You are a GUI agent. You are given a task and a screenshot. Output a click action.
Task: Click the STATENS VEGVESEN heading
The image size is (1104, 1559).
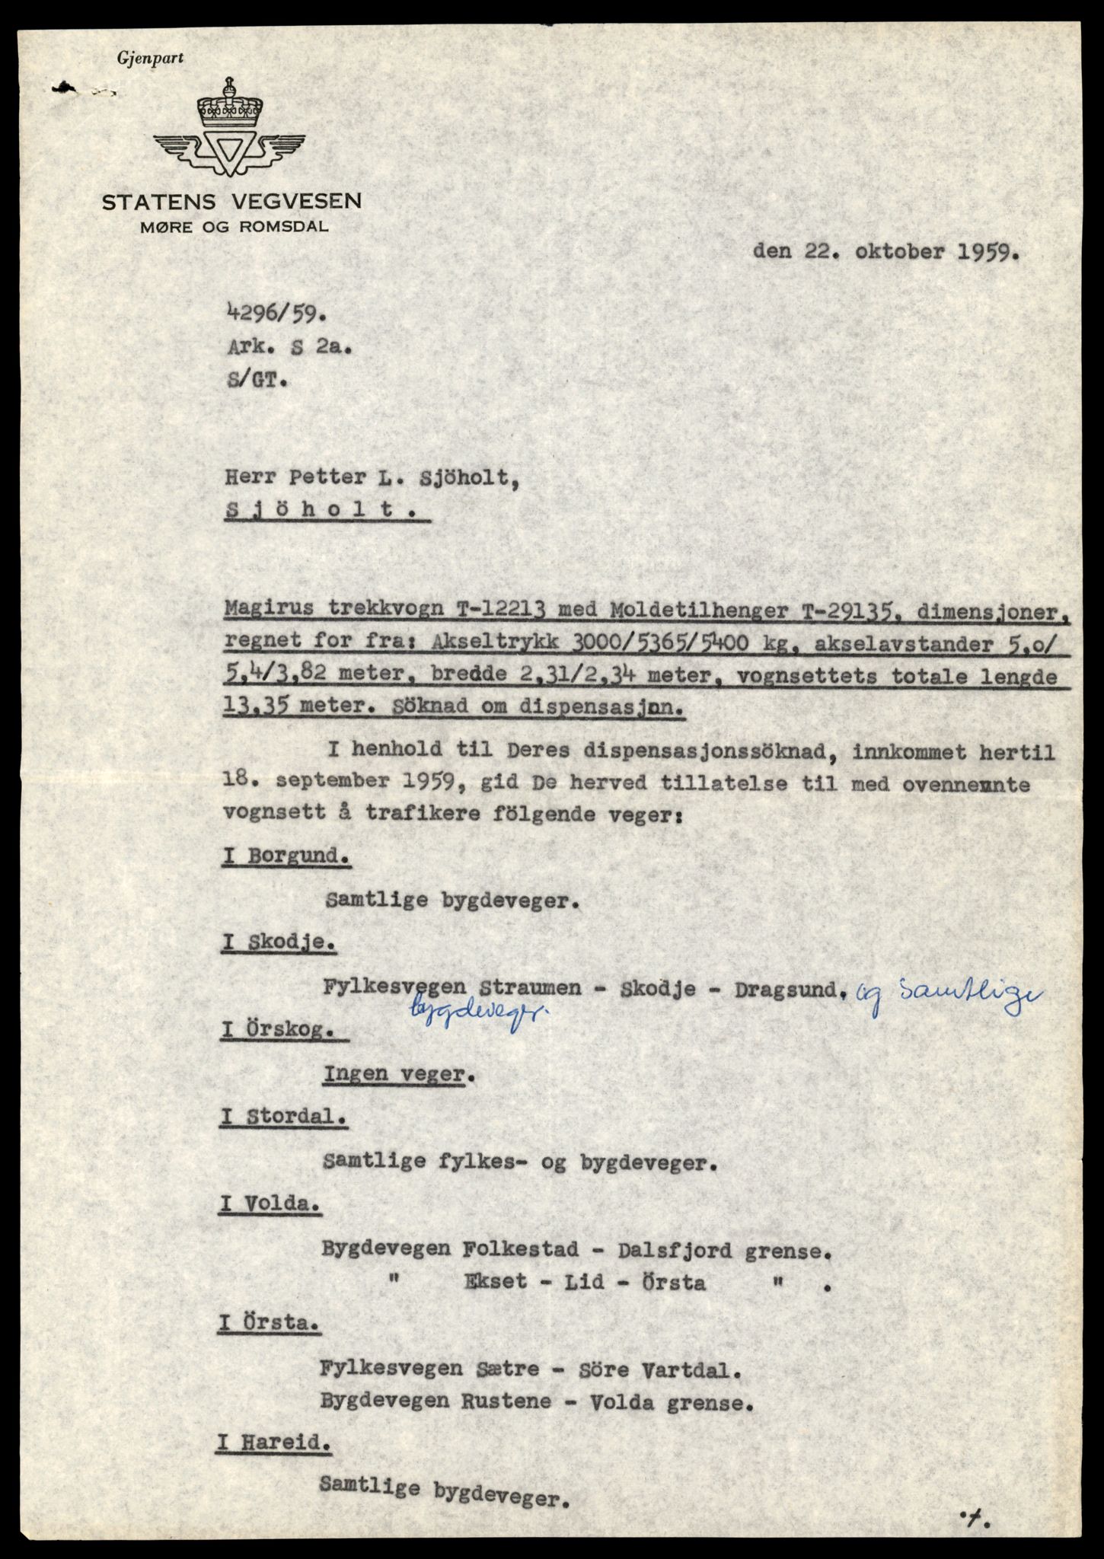[232, 202]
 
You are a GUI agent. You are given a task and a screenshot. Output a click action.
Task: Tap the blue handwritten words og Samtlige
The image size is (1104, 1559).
[949, 992]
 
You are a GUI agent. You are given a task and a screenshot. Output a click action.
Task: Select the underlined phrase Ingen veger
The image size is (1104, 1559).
[394, 1074]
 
